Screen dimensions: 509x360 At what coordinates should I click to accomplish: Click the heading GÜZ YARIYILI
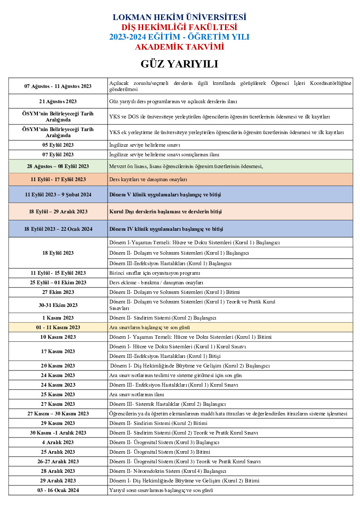click(179, 64)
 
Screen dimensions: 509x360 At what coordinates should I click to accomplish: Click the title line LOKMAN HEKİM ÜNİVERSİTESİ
click(179, 17)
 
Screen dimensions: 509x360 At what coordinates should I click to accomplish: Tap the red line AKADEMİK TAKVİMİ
click(179, 47)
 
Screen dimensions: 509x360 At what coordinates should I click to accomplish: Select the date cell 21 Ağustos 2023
click(58, 101)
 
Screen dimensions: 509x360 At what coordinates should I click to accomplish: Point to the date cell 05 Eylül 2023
click(58, 145)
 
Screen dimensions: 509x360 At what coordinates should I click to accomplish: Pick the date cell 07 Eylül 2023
click(58, 155)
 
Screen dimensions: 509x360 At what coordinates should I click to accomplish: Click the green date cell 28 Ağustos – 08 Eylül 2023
click(58, 166)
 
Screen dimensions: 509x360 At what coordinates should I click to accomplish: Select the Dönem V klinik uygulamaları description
click(166, 195)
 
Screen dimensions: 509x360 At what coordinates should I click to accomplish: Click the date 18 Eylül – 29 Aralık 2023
click(58, 212)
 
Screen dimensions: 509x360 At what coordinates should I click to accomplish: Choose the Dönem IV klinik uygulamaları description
click(166, 229)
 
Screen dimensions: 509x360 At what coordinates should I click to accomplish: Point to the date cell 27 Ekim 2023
click(58, 292)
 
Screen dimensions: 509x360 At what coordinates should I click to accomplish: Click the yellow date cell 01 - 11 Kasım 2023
click(58, 327)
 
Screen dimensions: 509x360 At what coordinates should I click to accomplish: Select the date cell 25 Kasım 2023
click(58, 394)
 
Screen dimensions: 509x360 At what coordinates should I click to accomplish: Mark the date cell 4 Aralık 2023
click(58, 442)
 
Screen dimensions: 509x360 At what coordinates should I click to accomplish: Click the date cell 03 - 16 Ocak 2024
click(58, 490)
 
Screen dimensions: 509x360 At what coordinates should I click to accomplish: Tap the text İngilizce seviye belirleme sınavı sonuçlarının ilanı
click(164, 155)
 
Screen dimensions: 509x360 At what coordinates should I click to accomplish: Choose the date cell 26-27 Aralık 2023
click(58, 462)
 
